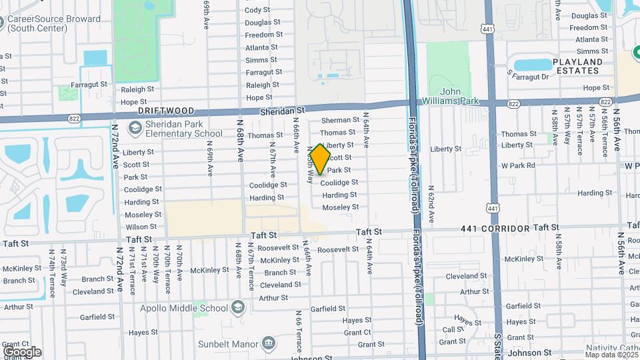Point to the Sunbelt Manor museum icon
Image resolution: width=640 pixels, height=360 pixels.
[x=269, y=343]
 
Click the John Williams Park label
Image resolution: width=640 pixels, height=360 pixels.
[x=460, y=96]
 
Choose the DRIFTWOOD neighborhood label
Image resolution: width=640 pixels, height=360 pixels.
[x=166, y=111]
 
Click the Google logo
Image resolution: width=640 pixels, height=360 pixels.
[x=22, y=351]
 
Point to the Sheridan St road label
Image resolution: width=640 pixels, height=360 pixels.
[x=282, y=109]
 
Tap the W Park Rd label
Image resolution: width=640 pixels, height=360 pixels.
[x=518, y=165]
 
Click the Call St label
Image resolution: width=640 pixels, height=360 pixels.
[x=453, y=329]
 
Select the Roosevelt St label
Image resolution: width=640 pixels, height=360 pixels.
[x=337, y=249]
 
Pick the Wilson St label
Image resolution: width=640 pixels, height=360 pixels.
[x=141, y=227]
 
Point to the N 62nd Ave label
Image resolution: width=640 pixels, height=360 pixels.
[x=431, y=204]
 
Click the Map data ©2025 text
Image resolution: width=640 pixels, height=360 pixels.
[x=609, y=354]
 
